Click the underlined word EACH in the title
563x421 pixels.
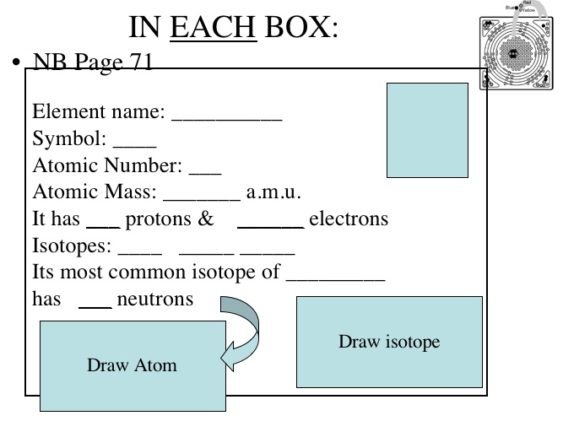pyautogui.click(x=214, y=27)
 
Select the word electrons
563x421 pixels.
pyautogui.click(x=349, y=219)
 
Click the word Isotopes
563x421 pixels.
pyautogui.click(x=70, y=247)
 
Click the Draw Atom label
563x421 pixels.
pyautogui.click(x=133, y=365)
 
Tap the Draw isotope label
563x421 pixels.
pyautogui.click(x=389, y=342)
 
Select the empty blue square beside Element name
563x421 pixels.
pyautogui.click(x=427, y=130)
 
